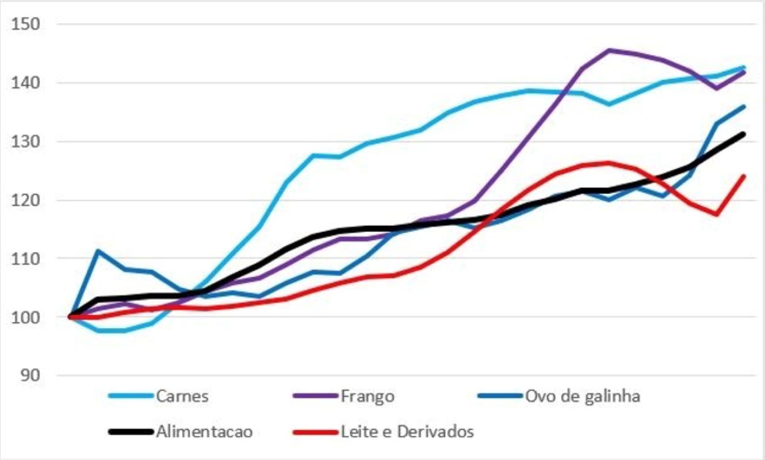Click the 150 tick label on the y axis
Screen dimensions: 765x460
click(26, 24)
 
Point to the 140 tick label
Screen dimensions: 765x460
click(26, 83)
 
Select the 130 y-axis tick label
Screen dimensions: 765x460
click(26, 141)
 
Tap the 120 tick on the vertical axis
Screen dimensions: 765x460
click(26, 200)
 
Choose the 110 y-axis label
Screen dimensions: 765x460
click(26, 259)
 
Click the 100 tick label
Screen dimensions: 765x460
click(26, 317)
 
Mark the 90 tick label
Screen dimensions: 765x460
click(30, 375)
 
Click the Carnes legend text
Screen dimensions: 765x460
click(182, 396)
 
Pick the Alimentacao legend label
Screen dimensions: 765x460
click(205, 432)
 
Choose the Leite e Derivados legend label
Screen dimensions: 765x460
click(407, 432)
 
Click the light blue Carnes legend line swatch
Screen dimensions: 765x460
click(131, 396)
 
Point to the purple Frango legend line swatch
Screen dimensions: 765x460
click(315, 396)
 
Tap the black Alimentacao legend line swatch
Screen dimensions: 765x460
click(131, 432)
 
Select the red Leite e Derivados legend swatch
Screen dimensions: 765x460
click(315, 432)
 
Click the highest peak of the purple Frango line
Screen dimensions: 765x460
click(609, 51)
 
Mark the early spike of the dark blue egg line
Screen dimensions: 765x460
click(98, 251)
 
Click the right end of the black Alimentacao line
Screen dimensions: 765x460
click(743, 134)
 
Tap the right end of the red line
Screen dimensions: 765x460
click(744, 176)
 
